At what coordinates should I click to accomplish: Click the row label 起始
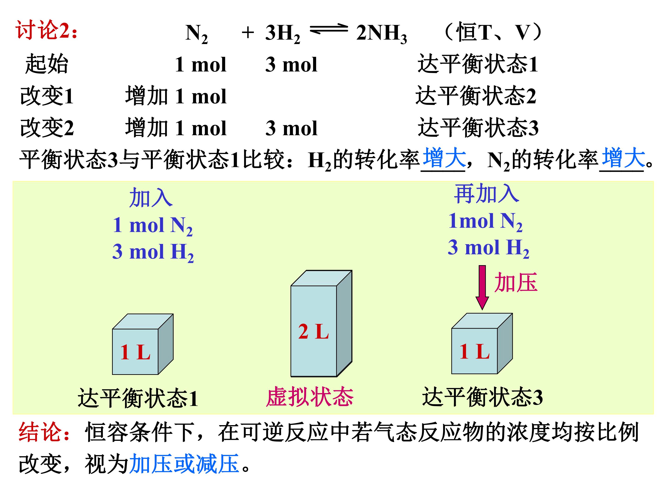click(x=47, y=64)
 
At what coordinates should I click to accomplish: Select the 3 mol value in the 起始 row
click(x=291, y=65)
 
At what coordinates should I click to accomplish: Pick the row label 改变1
click(x=47, y=96)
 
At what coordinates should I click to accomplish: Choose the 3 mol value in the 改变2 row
click(x=291, y=128)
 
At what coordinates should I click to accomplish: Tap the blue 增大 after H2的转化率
click(x=444, y=158)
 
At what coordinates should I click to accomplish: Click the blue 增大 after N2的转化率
click(x=623, y=158)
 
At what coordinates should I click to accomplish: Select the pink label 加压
click(x=516, y=282)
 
